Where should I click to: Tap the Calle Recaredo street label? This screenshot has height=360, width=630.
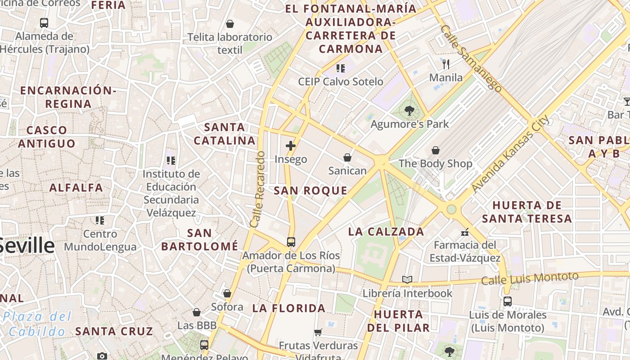258,189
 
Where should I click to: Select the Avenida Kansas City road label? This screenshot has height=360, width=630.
511,153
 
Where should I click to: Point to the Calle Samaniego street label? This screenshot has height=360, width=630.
471,58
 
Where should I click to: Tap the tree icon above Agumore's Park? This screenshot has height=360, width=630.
409,110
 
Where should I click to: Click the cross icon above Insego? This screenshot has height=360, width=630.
291,146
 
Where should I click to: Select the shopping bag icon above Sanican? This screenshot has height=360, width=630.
347,157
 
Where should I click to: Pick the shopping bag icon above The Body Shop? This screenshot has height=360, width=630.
436,150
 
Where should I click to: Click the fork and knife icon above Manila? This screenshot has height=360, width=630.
446,64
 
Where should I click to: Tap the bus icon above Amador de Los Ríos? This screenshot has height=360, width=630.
291,242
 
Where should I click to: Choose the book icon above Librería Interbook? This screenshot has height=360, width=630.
407,280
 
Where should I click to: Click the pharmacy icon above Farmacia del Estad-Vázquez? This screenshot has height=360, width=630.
465,232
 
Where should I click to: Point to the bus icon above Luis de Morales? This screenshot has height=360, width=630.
508,301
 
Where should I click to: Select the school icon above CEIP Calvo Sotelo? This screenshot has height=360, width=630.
341,68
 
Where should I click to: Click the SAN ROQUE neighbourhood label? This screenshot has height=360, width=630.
310,190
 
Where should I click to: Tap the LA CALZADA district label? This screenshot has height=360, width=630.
386,232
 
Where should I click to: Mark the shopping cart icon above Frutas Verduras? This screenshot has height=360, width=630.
318,333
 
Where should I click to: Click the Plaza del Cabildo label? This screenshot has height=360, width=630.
37,324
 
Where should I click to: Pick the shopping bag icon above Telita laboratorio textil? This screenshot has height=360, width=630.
230,24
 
